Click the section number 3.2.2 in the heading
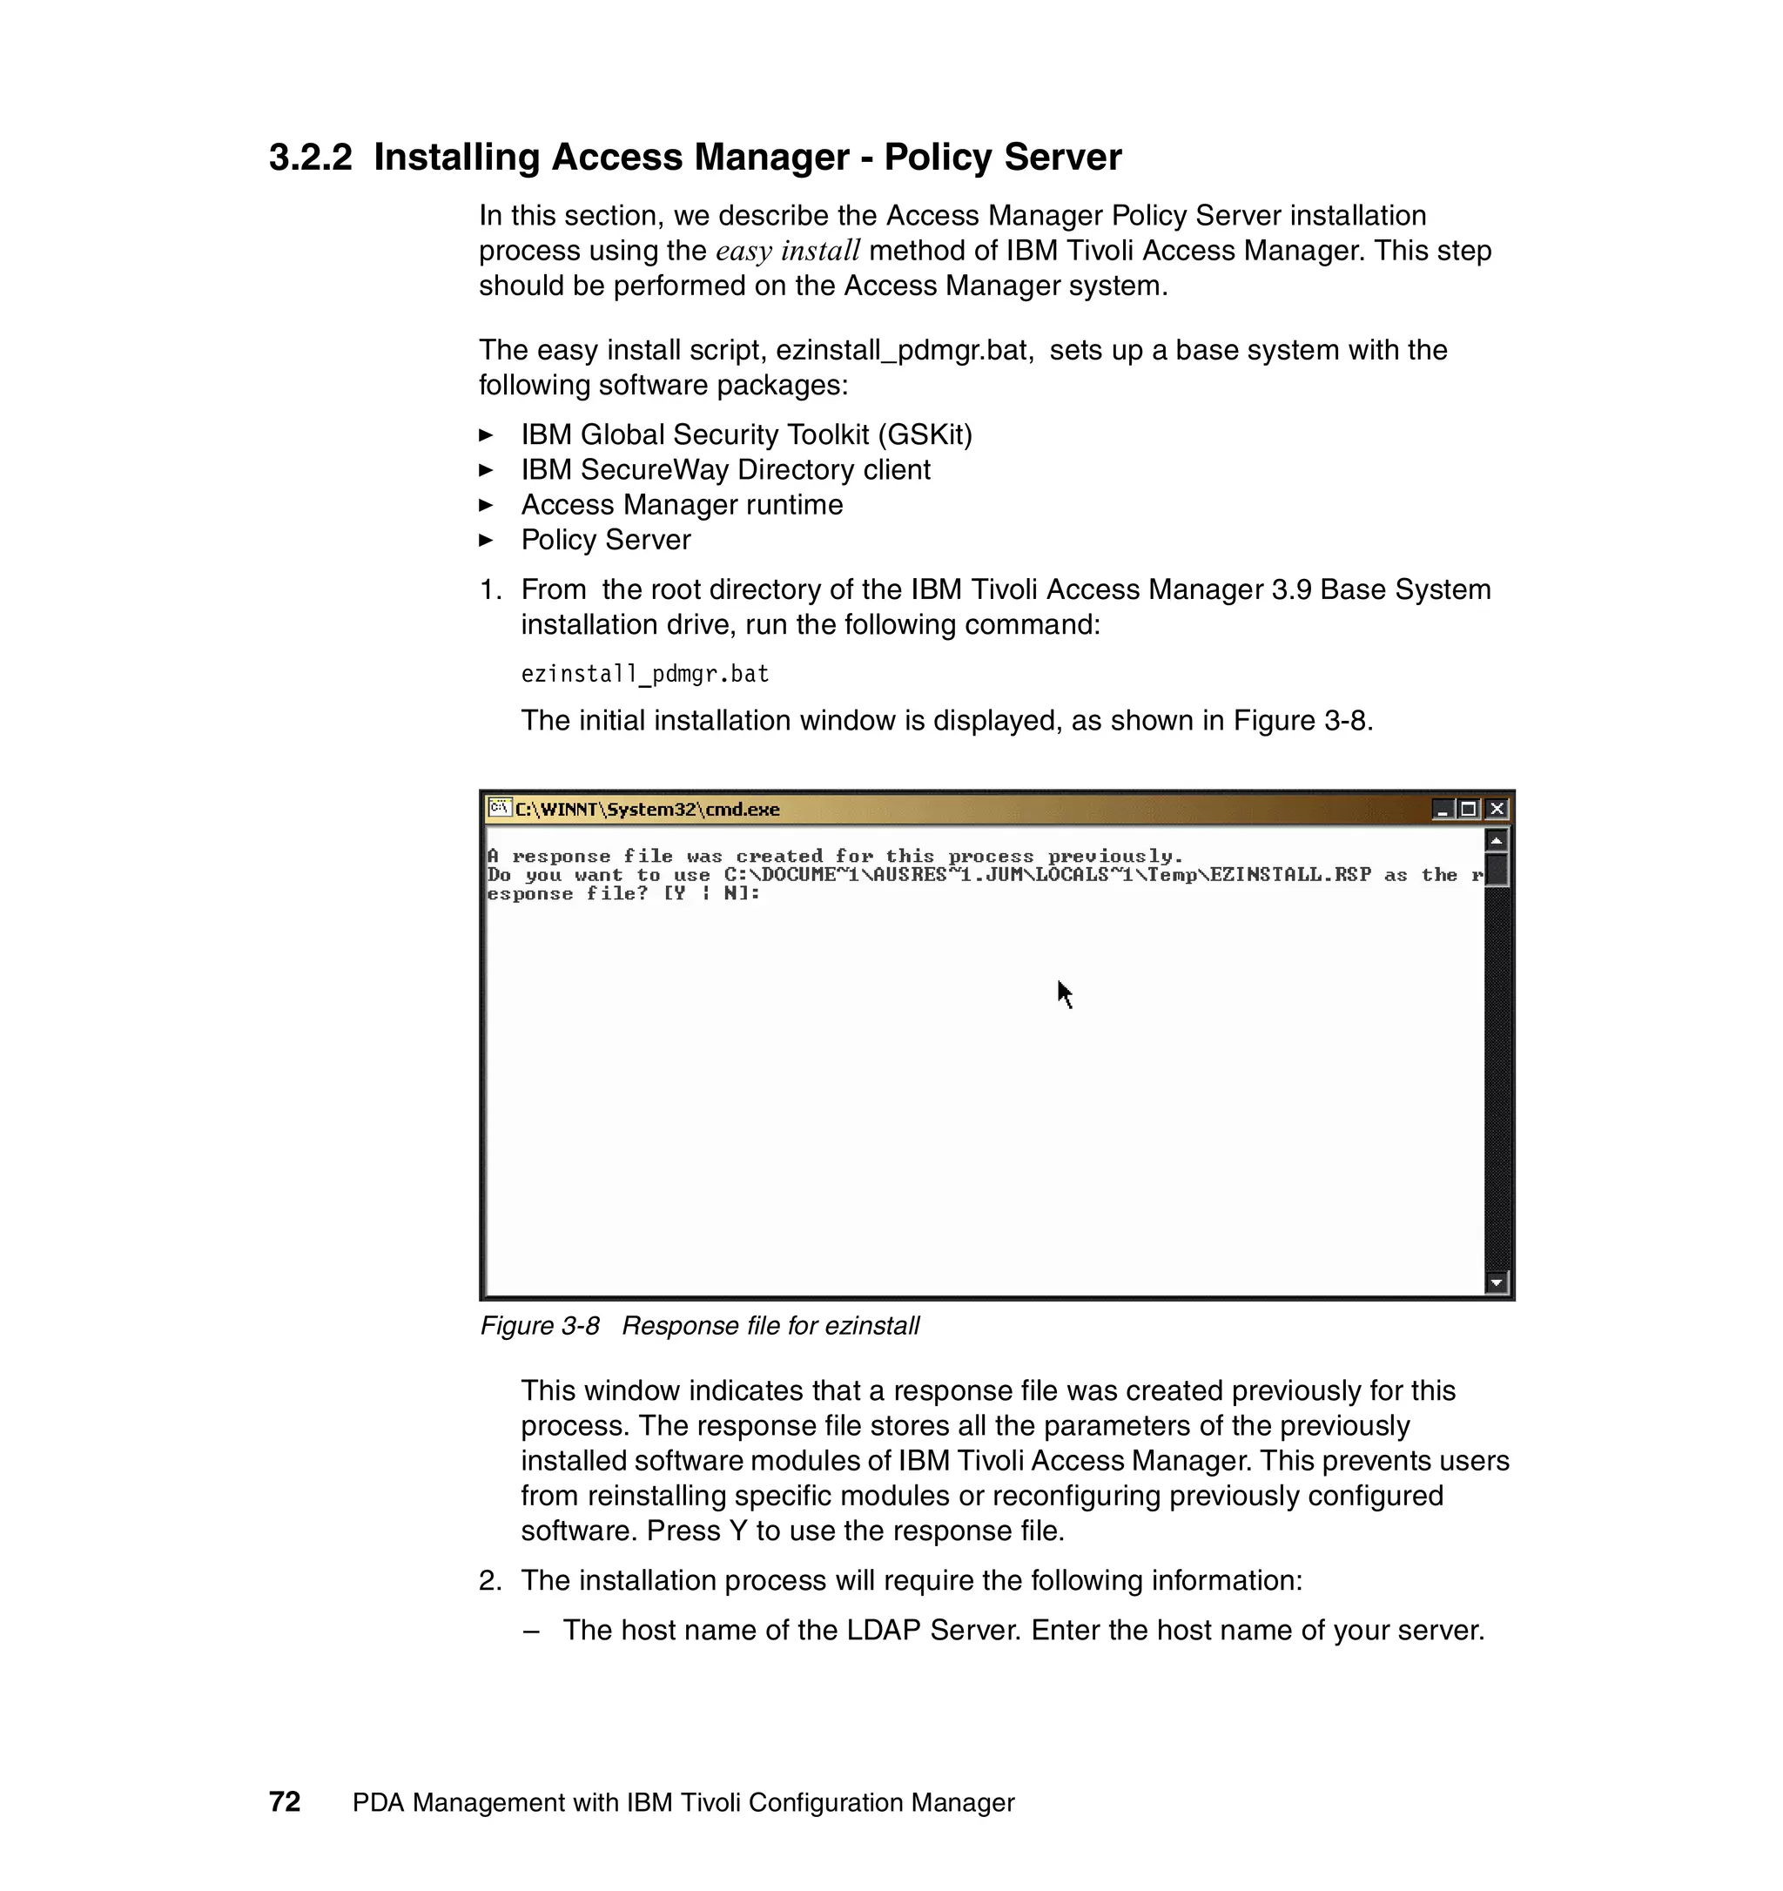coord(310,158)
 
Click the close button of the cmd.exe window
coord(1497,809)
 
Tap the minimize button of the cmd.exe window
coord(1443,809)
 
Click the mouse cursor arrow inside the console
coord(1064,994)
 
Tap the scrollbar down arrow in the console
coord(1496,1283)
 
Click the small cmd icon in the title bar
coord(499,808)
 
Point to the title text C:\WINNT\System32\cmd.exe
coord(647,810)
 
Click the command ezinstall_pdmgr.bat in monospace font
coord(645,675)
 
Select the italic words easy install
coord(787,251)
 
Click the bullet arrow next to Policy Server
coord(486,541)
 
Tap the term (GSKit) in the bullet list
coord(925,434)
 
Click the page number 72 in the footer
coord(285,1801)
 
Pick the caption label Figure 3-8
coord(539,1326)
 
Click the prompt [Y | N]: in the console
coord(711,893)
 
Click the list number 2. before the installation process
coord(490,1580)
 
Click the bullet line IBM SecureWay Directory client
coord(725,470)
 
